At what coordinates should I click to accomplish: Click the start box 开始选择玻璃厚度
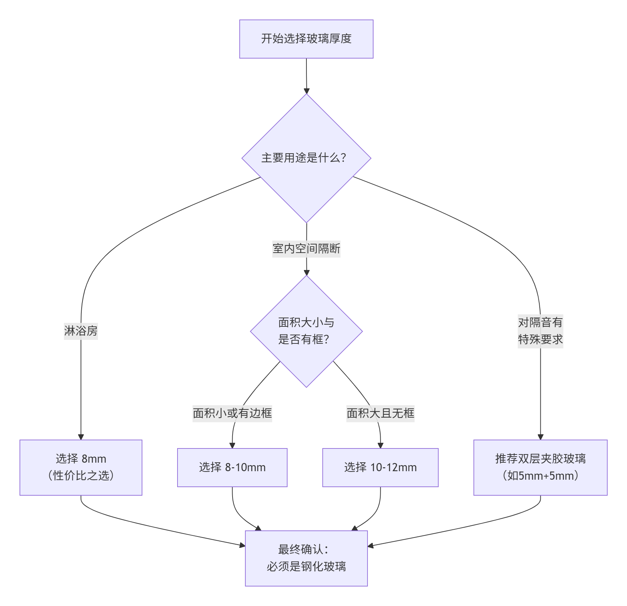coord(306,39)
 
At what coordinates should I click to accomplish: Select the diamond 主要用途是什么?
coord(306,158)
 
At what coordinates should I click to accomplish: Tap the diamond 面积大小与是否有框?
coord(306,331)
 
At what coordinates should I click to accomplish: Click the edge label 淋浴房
coord(81,331)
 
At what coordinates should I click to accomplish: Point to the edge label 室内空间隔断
coord(306,248)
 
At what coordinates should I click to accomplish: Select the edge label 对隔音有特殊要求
coord(540,331)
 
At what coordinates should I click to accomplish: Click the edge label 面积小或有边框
coord(232,413)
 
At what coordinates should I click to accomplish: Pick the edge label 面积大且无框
coord(380,413)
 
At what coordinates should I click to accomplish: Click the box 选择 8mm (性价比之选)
coord(81,467)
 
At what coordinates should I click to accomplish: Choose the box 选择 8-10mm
coord(232,467)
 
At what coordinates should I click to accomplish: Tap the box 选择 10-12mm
coord(380,467)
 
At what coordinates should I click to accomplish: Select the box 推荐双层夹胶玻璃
coord(540,459)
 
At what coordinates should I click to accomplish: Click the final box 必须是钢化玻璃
coord(306,566)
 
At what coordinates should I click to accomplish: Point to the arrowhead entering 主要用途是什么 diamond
coord(306,91)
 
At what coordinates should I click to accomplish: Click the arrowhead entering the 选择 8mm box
coord(81,437)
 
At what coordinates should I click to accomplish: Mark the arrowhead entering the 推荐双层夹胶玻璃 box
coord(540,437)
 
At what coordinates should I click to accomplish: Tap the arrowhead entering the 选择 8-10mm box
coord(232,446)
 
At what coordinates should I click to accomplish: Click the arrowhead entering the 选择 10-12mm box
coord(380,446)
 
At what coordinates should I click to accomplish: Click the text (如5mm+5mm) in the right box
coord(540,476)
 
